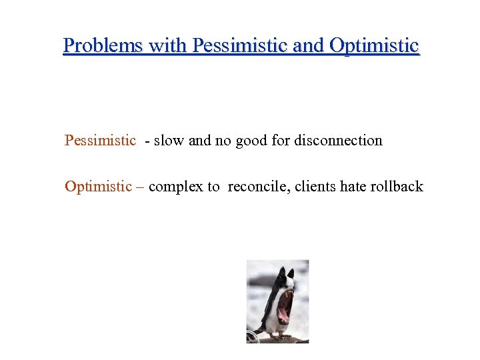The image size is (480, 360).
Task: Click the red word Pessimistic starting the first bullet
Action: pos(100,141)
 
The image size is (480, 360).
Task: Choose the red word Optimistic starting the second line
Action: pos(98,187)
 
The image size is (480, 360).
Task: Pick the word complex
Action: pos(176,187)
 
